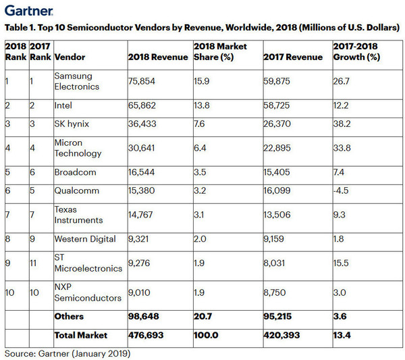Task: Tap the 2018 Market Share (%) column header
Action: (219, 52)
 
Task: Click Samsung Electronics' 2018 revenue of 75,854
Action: (143, 81)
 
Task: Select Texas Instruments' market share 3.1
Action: (200, 214)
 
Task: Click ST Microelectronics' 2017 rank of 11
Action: (35, 262)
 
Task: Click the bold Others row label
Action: (70, 317)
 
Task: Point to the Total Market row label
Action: (82, 335)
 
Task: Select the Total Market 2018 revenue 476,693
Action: (146, 335)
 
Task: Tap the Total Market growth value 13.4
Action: (342, 335)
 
